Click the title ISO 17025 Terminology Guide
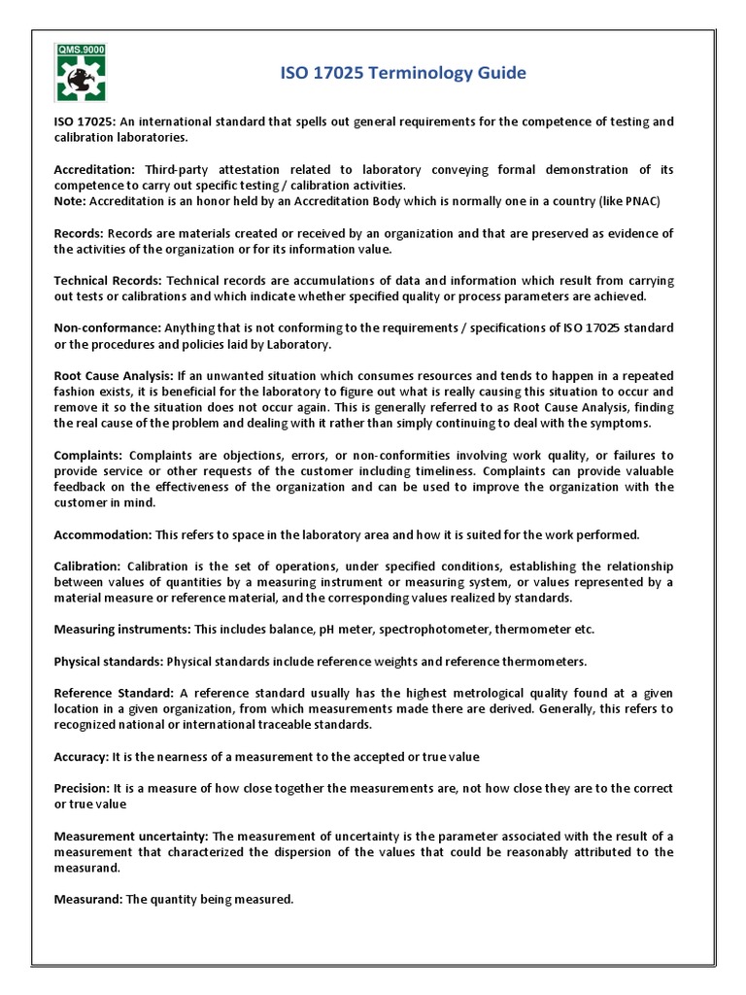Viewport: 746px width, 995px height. (x=403, y=73)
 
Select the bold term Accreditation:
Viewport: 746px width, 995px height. (x=94, y=169)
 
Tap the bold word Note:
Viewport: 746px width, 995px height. (x=70, y=201)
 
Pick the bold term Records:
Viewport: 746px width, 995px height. (x=78, y=233)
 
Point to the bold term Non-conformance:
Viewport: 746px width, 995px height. (x=107, y=327)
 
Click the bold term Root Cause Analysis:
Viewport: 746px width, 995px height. (x=114, y=375)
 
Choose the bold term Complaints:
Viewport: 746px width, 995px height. (x=87, y=455)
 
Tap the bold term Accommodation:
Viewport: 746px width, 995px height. (x=102, y=534)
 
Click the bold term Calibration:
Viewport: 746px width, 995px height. (x=87, y=566)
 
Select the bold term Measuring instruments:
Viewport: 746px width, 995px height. (x=122, y=629)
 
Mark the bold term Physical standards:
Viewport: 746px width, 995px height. (x=109, y=661)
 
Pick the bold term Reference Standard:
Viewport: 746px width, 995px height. (x=113, y=693)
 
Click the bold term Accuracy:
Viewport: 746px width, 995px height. (x=82, y=756)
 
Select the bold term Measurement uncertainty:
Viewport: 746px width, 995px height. (x=130, y=836)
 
